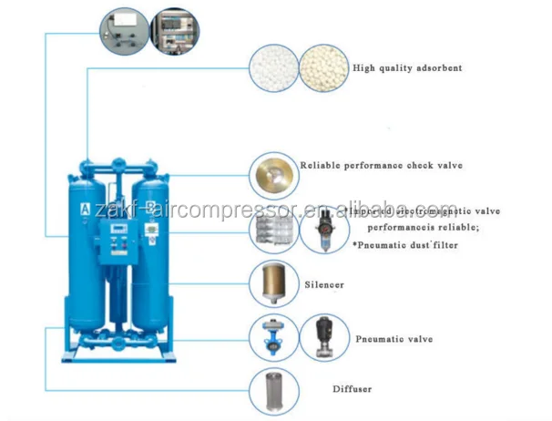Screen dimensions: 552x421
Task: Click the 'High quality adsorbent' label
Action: [407, 68]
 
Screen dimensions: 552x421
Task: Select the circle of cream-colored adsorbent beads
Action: [323, 67]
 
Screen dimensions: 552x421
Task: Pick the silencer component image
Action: [274, 283]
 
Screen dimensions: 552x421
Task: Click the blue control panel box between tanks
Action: [124, 232]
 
